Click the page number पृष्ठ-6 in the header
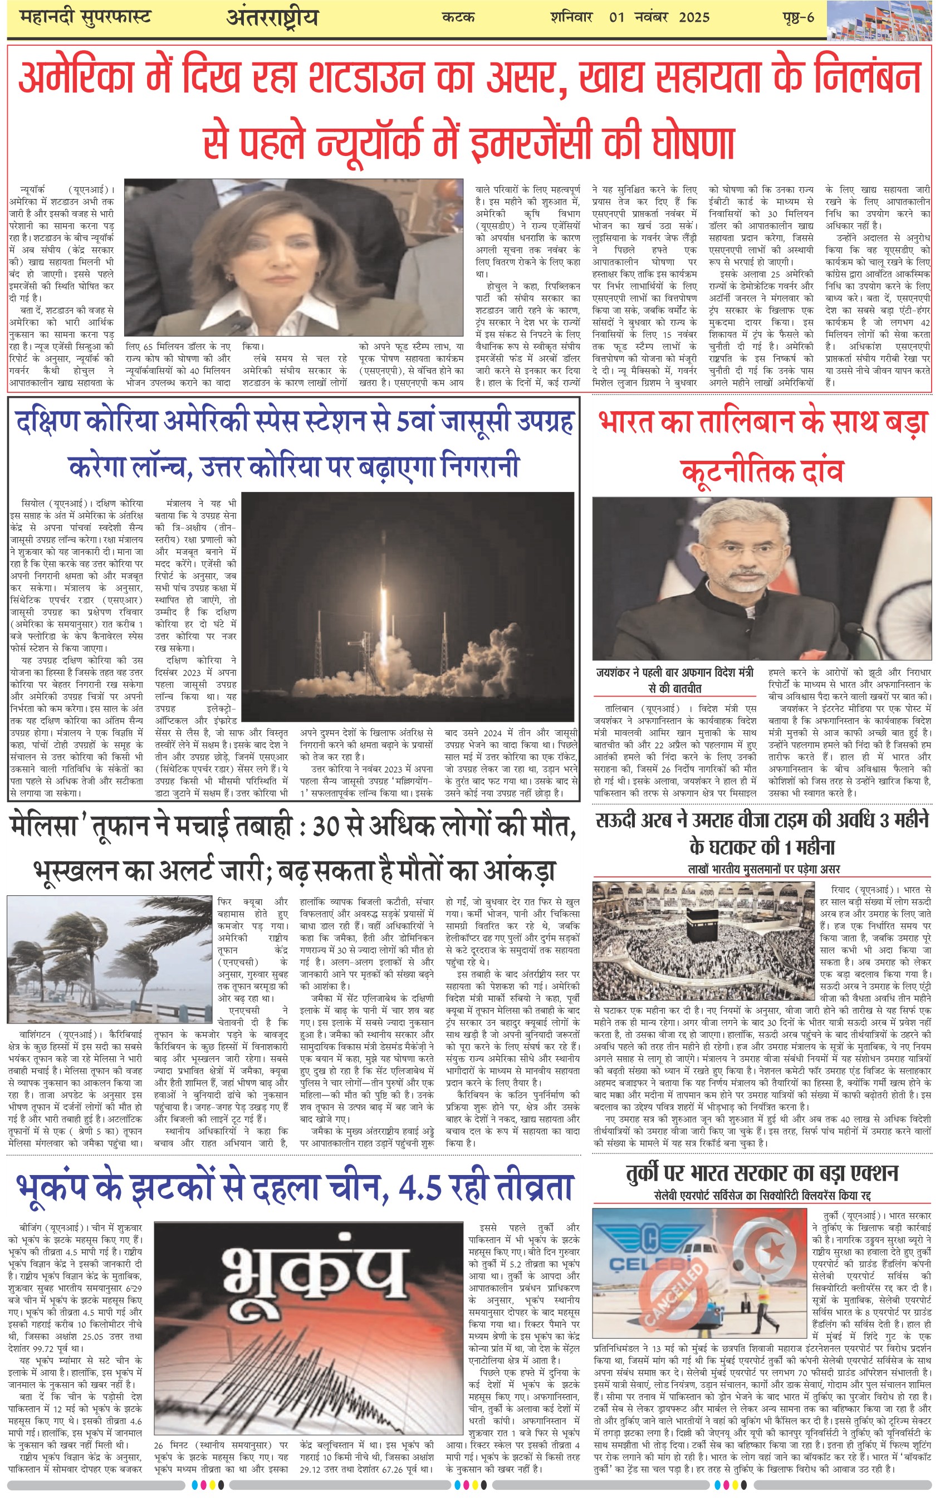797,17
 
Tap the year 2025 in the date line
694,17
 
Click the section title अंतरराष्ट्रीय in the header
272,17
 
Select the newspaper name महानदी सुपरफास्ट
85,17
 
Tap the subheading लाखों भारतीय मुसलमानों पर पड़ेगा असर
763,869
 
